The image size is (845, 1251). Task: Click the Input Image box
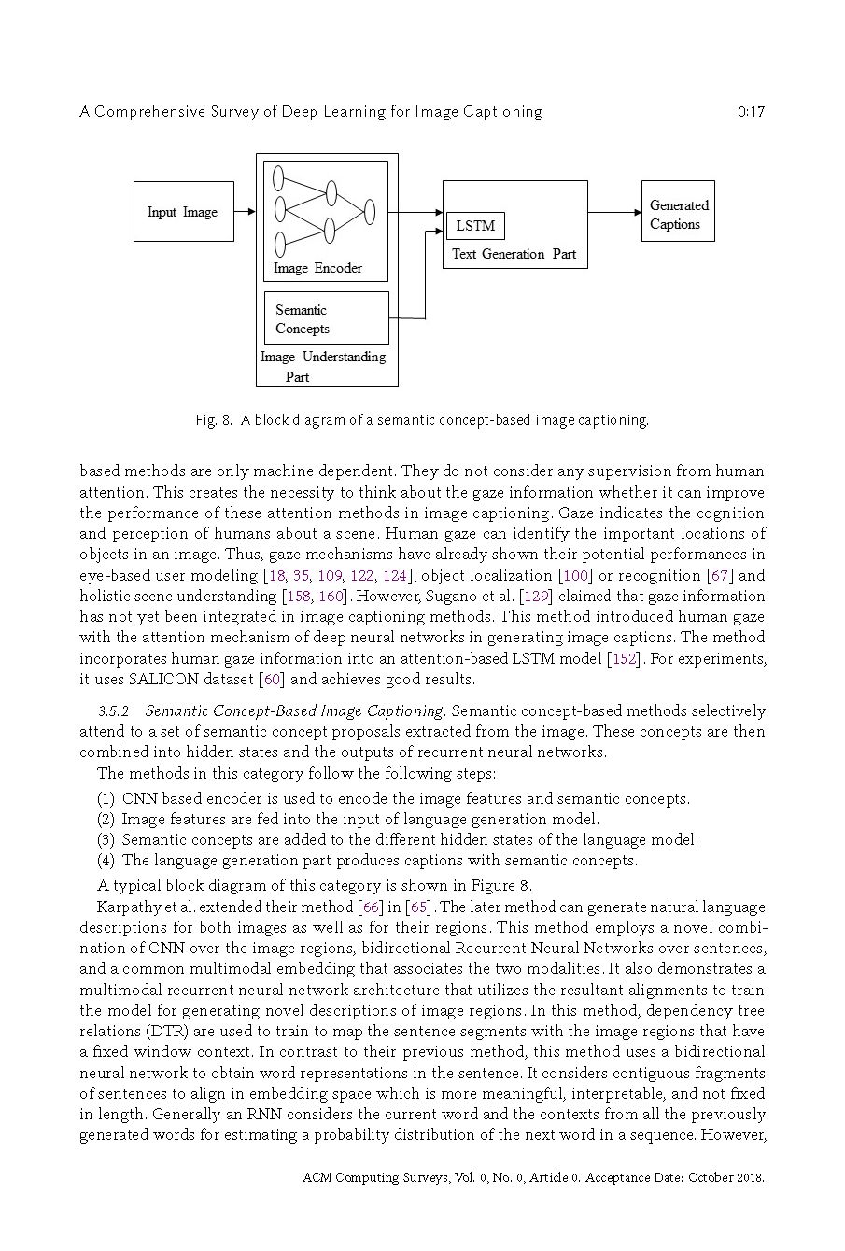point(183,212)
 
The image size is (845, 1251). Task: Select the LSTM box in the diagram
point(475,226)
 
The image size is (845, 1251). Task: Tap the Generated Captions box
point(678,212)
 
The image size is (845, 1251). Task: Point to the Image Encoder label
point(317,269)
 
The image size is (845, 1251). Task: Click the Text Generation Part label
point(514,254)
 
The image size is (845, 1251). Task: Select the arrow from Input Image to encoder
point(245,212)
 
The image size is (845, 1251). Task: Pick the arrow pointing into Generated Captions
point(614,212)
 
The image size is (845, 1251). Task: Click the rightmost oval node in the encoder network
point(370,212)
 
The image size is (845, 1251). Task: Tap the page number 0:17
point(750,112)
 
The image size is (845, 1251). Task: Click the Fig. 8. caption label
point(214,420)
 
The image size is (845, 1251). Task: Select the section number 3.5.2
point(113,711)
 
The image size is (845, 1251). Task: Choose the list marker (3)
point(106,840)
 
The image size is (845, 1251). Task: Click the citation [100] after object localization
point(575,576)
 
